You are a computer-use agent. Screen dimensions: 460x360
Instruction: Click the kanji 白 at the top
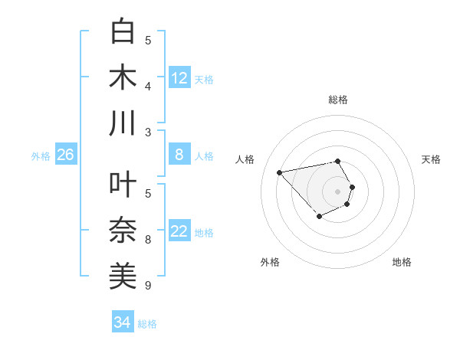(x=123, y=32)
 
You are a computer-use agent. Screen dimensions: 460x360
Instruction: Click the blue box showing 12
(x=179, y=78)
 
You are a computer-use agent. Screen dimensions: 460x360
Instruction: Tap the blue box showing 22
(x=179, y=232)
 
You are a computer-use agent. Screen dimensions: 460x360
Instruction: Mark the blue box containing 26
(x=65, y=155)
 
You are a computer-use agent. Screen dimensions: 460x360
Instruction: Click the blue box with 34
(x=122, y=323)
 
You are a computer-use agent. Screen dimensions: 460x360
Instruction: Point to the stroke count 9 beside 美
(x=148, y=286)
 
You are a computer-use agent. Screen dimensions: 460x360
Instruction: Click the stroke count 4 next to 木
(x=148, y=86)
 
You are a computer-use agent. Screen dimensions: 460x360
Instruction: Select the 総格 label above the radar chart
(x=338, y=100)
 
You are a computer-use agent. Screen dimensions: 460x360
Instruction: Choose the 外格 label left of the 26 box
(x=41, y=156)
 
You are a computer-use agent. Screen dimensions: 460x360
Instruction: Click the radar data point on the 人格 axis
(x=280, y=172)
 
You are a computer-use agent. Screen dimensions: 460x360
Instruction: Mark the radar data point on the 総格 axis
(x=338, y=161)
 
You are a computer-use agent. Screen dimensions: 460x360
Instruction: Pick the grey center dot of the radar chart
(x=338, y=191)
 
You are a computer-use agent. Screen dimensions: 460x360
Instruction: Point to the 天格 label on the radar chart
(x=432, y=159)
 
